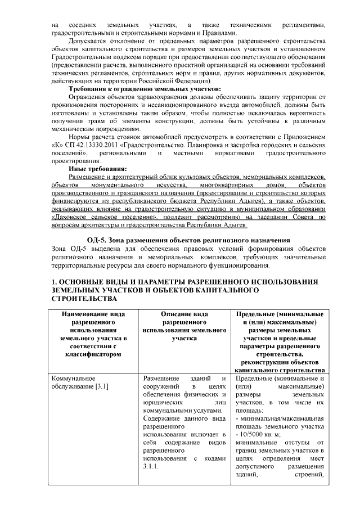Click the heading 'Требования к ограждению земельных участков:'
tap(145, 89)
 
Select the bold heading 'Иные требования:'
tap(97, 168)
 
